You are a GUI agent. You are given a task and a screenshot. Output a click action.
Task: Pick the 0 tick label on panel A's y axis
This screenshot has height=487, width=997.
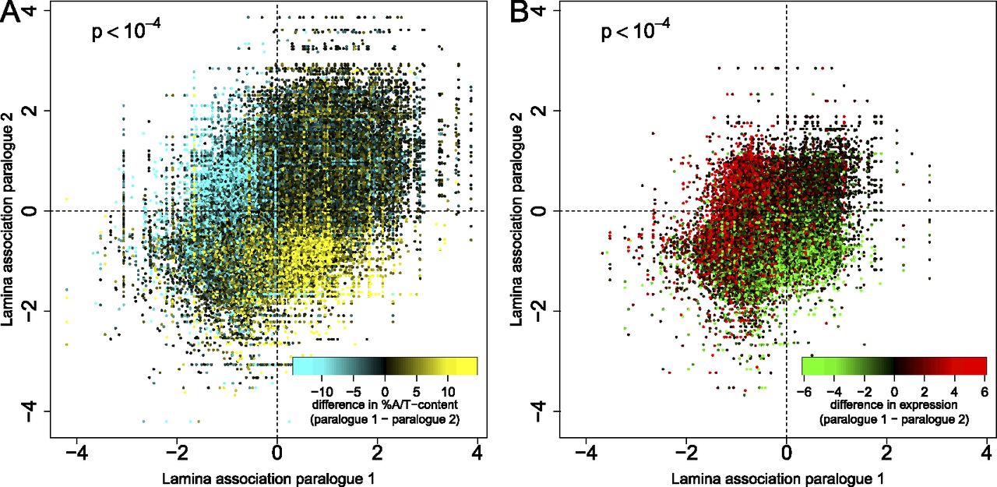pos(31,210)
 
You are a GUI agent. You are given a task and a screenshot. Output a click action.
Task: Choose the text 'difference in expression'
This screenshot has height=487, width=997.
pos(893,405)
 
